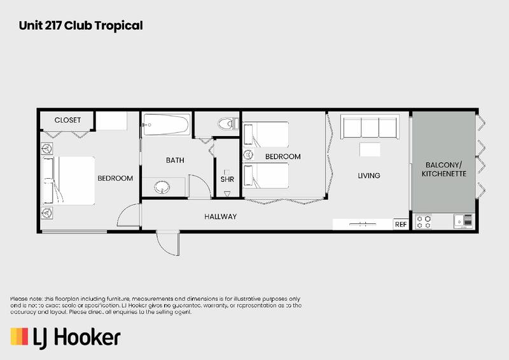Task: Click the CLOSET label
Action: click(x=67, y=120)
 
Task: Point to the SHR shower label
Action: click(x=227, y=179)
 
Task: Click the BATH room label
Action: click(x=175, y=160)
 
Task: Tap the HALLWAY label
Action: click(x=220, y=217)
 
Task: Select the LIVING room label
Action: click(x=369, y=176)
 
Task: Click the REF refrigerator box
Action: click(x=400, y=225)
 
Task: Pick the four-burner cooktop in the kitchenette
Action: click(x=424, y=221)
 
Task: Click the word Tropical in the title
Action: click(x=118, y=26)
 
